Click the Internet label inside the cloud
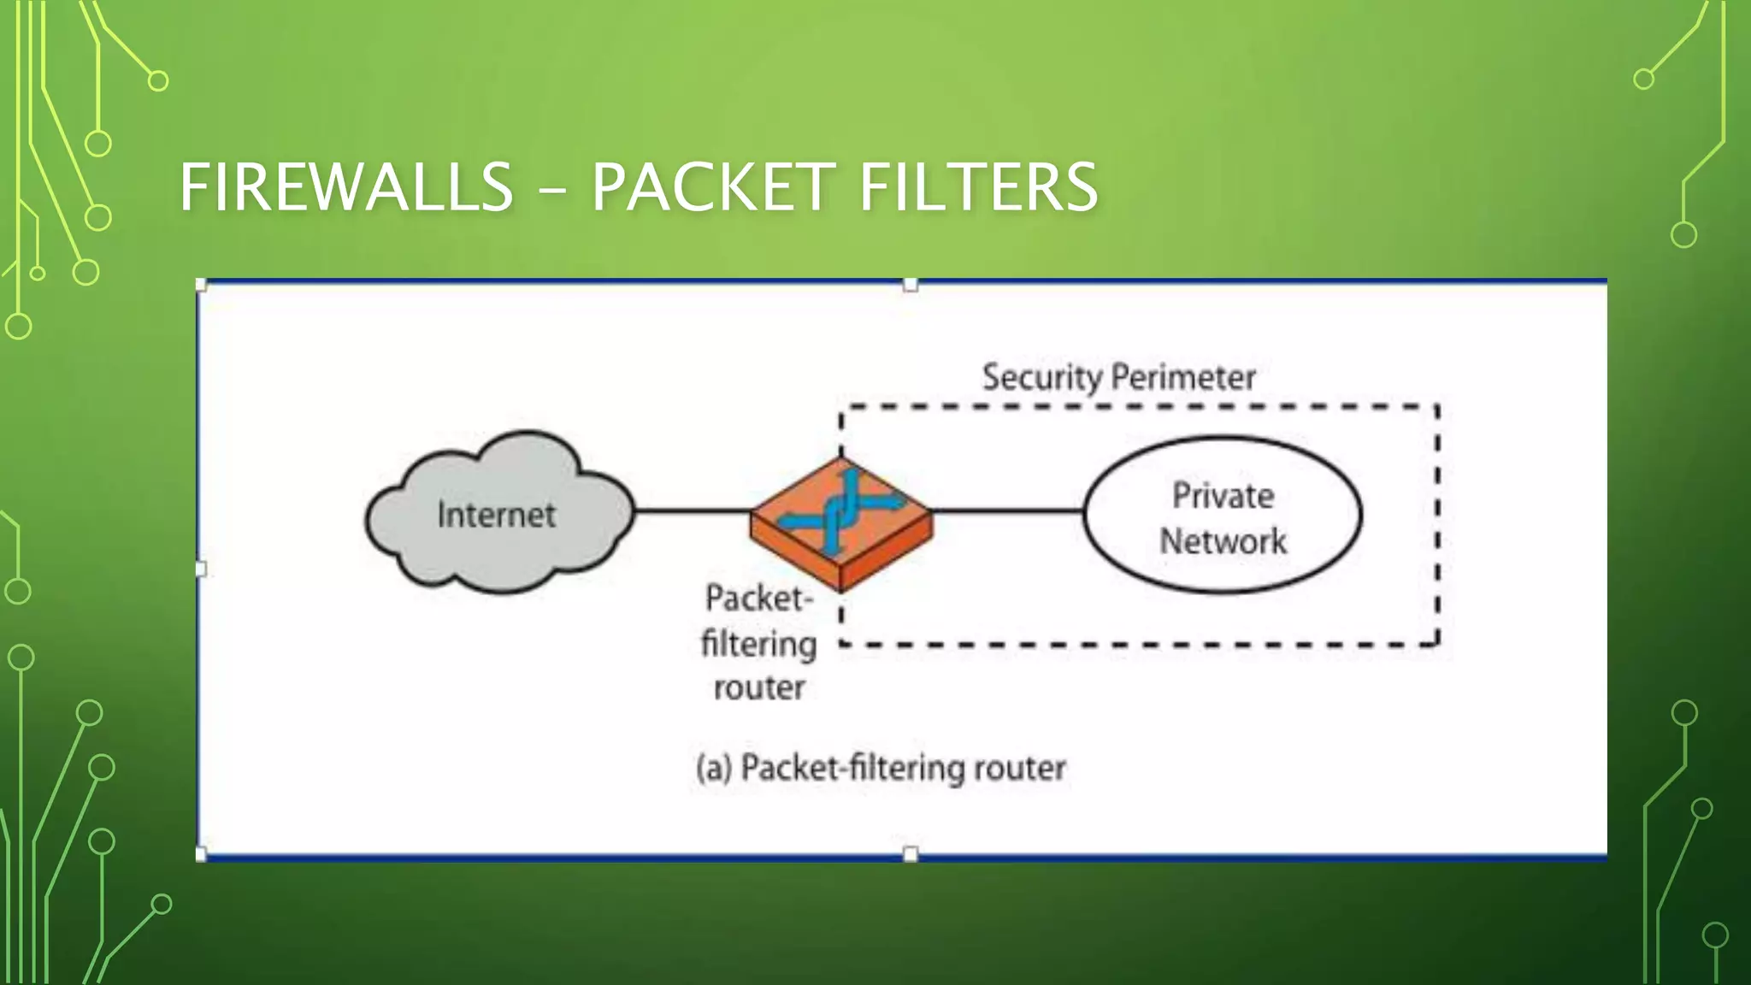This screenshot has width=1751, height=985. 496,515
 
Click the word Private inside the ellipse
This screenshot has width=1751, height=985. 1223,496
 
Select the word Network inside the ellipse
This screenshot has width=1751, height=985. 1223,541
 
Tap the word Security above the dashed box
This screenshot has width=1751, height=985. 1041,377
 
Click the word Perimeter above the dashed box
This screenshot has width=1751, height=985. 1183,377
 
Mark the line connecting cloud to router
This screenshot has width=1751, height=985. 693,511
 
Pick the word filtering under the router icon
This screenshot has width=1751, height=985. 758,644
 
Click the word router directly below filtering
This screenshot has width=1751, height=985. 759,687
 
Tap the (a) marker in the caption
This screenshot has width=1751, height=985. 714,768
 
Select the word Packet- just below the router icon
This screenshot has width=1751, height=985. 758,598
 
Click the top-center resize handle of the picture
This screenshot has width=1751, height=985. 911,285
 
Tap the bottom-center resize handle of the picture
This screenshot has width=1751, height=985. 911,854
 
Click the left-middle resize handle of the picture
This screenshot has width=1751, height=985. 201,569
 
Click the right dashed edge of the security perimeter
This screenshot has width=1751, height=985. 1438,526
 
